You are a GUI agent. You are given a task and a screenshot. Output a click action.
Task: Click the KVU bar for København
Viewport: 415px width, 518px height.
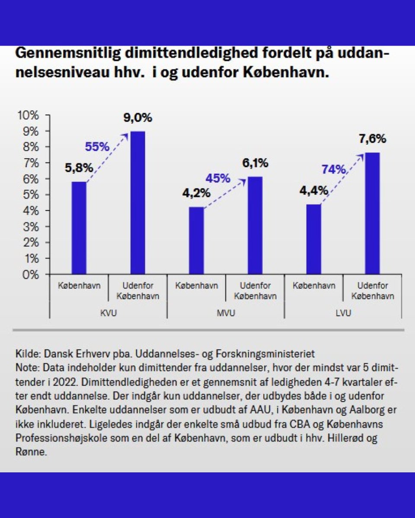click(x=79, y=228)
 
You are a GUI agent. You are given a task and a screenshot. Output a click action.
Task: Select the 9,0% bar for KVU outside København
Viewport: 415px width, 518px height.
click(x=138, y=203)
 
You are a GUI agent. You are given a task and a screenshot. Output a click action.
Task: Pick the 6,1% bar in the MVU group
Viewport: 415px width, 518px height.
click(x=255, y=225)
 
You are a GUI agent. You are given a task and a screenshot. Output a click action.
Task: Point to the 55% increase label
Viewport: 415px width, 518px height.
click(x=97, y=147)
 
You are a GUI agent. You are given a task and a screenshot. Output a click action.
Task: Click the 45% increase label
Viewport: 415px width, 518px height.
click(x=218, y=178)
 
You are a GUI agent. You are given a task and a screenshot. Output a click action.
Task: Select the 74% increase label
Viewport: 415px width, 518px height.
click(x=334, y=170)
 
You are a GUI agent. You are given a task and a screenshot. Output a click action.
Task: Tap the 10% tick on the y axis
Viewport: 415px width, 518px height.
click(x=28, y=115)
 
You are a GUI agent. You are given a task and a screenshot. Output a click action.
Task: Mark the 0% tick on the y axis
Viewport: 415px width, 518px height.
click(x=31, y=275)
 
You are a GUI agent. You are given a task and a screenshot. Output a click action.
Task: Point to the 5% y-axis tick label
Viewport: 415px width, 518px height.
click(x=31, y=195)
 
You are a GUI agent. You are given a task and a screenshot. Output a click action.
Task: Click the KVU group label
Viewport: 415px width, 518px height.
click(x=108, y=313)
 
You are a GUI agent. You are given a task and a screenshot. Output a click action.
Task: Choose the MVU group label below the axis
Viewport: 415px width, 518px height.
click(x=226, y=313)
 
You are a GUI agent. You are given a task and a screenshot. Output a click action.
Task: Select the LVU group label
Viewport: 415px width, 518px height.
click(x=343, y=313)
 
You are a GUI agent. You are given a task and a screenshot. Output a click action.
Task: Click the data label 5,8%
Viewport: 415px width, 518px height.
click(x=79, y=168)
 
